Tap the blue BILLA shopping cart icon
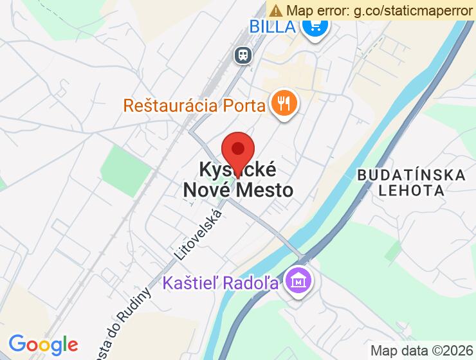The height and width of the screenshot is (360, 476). click(x=315, y=27)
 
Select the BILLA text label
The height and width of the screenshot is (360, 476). click(x=273, y=27)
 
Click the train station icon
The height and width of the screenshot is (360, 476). click(x=243, y=55)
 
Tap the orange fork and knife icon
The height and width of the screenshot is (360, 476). click(x=284, y=103)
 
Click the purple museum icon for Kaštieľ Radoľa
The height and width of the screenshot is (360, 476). click(x=299, y=282)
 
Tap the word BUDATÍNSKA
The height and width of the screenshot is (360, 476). click(x=410, y=175)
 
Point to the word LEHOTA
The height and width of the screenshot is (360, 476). click(x=411, y=190)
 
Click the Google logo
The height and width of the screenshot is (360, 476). click(x=43, y=345)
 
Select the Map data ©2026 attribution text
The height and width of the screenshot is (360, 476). click(x=421, y=350)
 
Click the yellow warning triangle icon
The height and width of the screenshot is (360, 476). click(x=276, y=10)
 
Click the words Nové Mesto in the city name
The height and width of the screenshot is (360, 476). click(x=238, y=190)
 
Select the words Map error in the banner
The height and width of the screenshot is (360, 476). click(x=315, y=10)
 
